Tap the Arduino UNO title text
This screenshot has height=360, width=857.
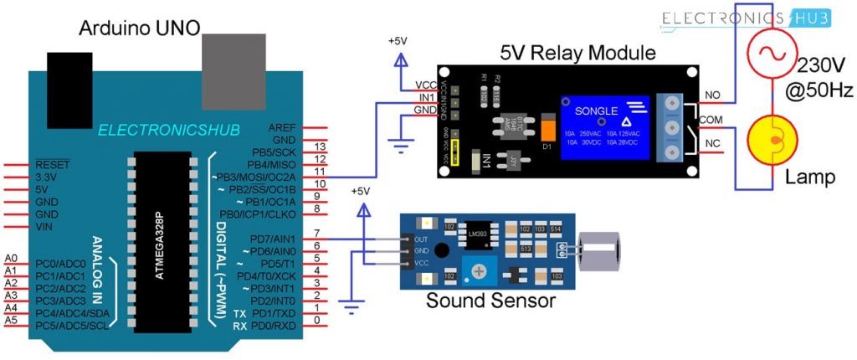139,28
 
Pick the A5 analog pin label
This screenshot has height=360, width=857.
11,320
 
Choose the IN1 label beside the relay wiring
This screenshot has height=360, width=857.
425,98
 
